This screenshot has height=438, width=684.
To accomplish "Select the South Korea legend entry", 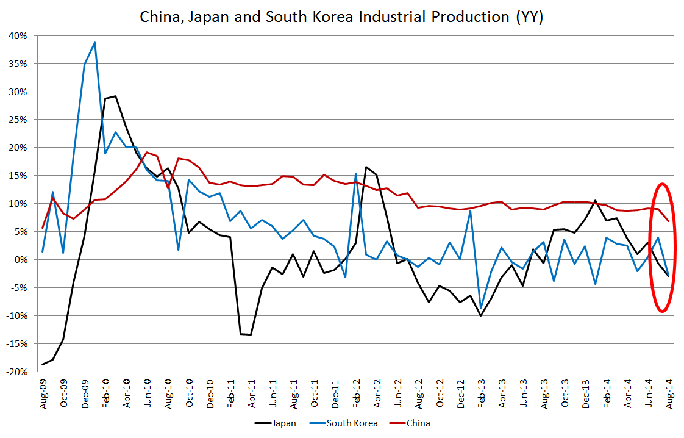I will (x=352, y=423).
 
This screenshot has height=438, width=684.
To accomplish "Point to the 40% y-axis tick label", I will (x=18, y=36).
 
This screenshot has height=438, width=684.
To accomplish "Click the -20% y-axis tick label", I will (x=17, y=372).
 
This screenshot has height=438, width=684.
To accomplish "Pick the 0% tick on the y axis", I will (x=21, y=259).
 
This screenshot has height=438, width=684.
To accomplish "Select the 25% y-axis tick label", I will (x=18, y=120).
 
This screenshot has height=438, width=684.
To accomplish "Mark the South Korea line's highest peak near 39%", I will (x=95, y=42).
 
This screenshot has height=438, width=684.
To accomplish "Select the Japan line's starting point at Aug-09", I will (x=43, y=364).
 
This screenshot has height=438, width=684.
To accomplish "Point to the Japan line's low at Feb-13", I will (x=481, y=315).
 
